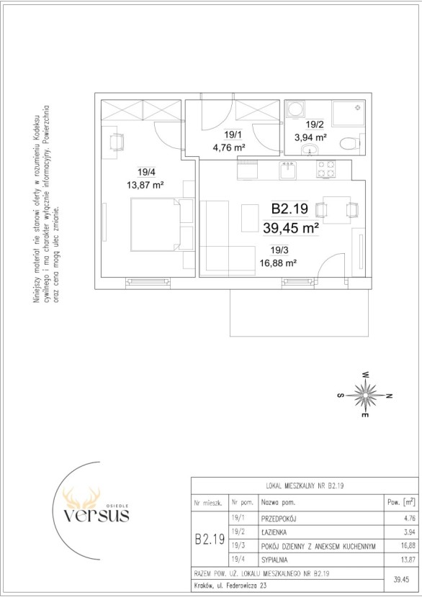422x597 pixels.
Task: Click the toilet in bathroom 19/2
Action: point(349,144)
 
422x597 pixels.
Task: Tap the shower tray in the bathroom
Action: point(348,113)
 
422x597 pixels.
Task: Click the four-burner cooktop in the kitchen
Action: point(326,170)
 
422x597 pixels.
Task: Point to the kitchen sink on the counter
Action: point(287,170)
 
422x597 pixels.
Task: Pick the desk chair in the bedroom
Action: point(116,143)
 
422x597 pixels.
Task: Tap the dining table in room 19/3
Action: point(336,210)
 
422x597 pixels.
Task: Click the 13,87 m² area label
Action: point(145,186)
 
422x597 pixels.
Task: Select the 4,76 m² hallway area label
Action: point(229,147)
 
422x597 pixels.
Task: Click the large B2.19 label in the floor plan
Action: point(289,209)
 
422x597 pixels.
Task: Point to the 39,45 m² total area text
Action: point(291,229)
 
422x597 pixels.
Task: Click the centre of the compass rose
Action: point(366,395)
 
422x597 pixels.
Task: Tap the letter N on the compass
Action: point(389,396)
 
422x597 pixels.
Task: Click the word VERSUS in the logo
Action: point(96,515)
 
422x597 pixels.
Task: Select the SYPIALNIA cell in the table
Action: point(274,560)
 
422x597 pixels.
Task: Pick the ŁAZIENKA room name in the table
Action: point(274,532)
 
